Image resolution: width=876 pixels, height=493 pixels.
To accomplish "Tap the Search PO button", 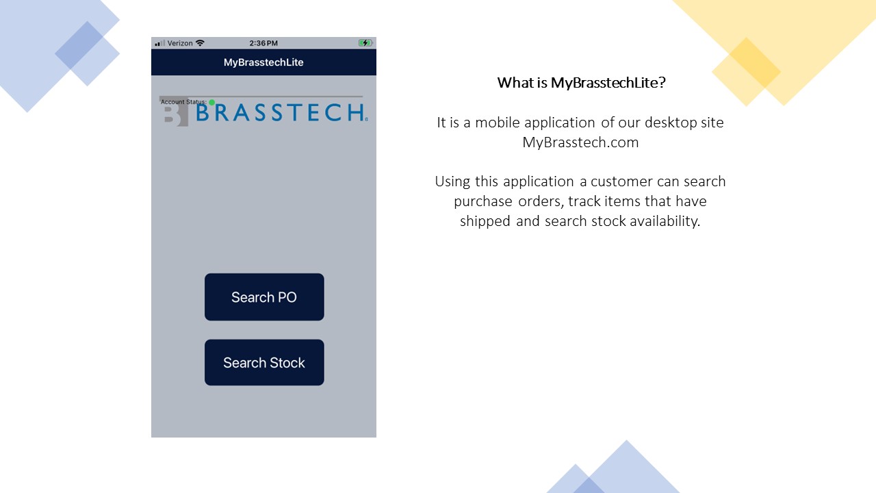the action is [x=264, y=297].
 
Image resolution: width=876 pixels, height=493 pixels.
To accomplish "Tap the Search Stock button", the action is [x=264, y=362].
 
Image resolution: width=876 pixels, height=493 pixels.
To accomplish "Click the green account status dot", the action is [x=211, y=102].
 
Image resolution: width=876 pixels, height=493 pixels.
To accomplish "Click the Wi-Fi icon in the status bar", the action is [x=200, y=43].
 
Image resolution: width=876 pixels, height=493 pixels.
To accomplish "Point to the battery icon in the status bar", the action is [x=365, y=43].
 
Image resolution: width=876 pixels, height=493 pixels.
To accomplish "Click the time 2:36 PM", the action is [x=263, y=43].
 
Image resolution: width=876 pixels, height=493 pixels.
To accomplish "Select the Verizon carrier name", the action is [x=180, y=43].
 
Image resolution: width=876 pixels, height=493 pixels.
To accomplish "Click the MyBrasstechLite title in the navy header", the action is [x=263, y=62].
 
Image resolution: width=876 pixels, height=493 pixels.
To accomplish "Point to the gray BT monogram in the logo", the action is [x=175, y=113].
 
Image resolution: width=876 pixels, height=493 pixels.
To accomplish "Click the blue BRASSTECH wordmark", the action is [x=281, y=113].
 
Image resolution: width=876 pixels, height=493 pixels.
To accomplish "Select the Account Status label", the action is [x=183, y=102].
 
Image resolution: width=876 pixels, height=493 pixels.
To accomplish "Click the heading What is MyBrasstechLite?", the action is [x=581, y=83].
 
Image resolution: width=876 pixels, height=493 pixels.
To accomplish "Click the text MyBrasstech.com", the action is [x=580, y=142].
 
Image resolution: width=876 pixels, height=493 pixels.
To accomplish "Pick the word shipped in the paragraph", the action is [x=485, y=221].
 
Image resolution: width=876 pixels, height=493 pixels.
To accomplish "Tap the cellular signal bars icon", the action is [x=159, y=43].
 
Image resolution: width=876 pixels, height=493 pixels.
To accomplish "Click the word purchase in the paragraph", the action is [x=483, y=201].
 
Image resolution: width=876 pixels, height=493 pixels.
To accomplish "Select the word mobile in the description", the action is [x=497, y=123].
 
